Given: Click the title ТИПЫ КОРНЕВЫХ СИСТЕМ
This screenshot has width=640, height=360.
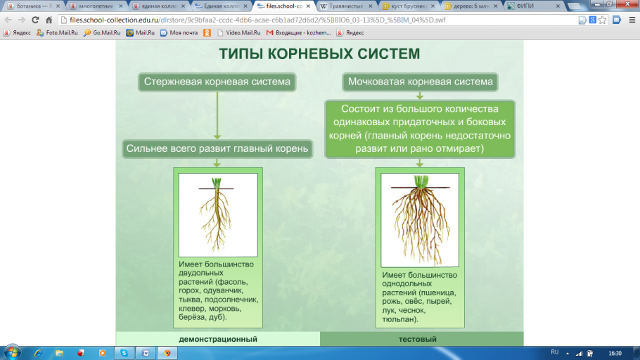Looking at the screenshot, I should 319,53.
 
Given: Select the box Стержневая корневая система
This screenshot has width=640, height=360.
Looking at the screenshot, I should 217,82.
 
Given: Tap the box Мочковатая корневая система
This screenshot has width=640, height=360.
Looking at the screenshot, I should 420,82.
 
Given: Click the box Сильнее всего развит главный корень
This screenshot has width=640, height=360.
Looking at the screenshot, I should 217,148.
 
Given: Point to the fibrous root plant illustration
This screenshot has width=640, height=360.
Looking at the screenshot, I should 419,218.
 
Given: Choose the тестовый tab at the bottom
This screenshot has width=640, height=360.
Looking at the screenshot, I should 422,340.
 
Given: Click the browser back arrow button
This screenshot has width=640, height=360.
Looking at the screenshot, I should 9,20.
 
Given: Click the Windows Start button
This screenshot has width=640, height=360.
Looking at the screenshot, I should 12,352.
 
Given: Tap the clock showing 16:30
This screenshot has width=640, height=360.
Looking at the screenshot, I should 615,352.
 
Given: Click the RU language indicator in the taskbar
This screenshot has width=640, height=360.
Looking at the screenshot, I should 555,352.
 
